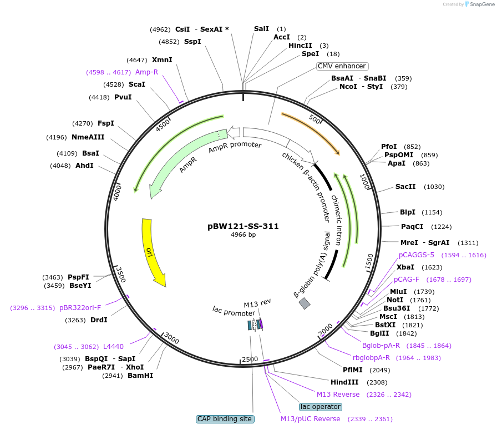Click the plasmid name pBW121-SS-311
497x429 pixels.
pos(243,226)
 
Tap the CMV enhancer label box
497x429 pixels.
pos(342,66)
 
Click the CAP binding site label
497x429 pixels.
pos(225,419)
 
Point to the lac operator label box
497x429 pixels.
pos(320,407)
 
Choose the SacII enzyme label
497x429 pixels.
pos(405,187)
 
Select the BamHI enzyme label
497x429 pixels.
pos(140,376)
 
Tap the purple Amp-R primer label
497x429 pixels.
pos(147,72)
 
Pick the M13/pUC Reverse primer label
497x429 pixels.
pos(311,419)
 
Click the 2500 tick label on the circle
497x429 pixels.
pos(250,359)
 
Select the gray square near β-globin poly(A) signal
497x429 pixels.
pos(305,303)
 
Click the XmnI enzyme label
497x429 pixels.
pos(162,60)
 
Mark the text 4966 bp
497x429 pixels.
pos(243,235)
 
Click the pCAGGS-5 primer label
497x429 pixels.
pos(417,255)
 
